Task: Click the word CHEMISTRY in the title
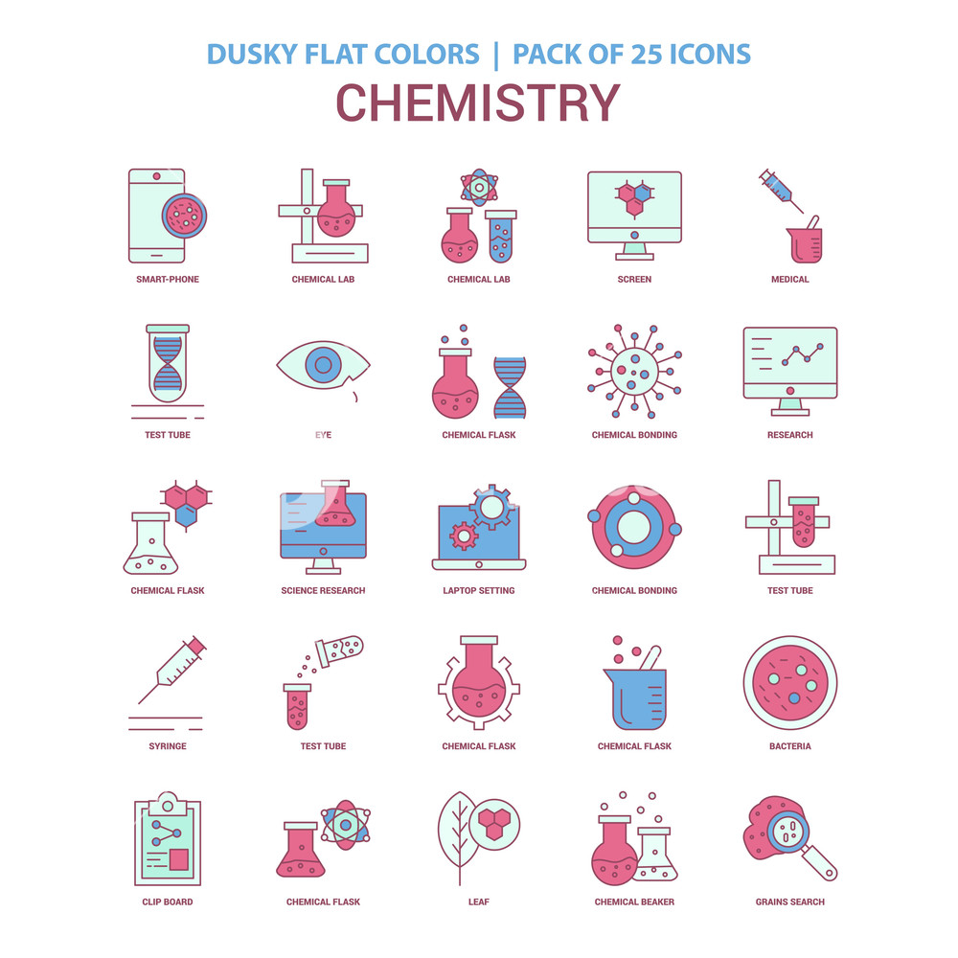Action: (x=478, y=103)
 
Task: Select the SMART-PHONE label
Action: (x=168, y=280)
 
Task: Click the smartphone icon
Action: (x=157, y=216)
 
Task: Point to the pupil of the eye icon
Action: (x=323, y=364)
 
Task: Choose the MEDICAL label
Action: (x=789, y=280)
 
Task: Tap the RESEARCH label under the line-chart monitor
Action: (x=789, y=435)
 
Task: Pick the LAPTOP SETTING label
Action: (x=478, y=591)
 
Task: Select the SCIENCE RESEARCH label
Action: (x=323, y=591)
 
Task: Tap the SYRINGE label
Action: (x=168, y=746)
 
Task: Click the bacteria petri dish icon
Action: (x=789, y=682)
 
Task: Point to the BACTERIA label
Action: (x=789, y=746)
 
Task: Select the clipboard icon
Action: (x=168, y=840)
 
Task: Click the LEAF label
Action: (x=478, y=902)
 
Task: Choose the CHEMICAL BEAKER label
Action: (x=634, y=902)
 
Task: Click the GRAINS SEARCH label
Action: (x=789, y=902)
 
